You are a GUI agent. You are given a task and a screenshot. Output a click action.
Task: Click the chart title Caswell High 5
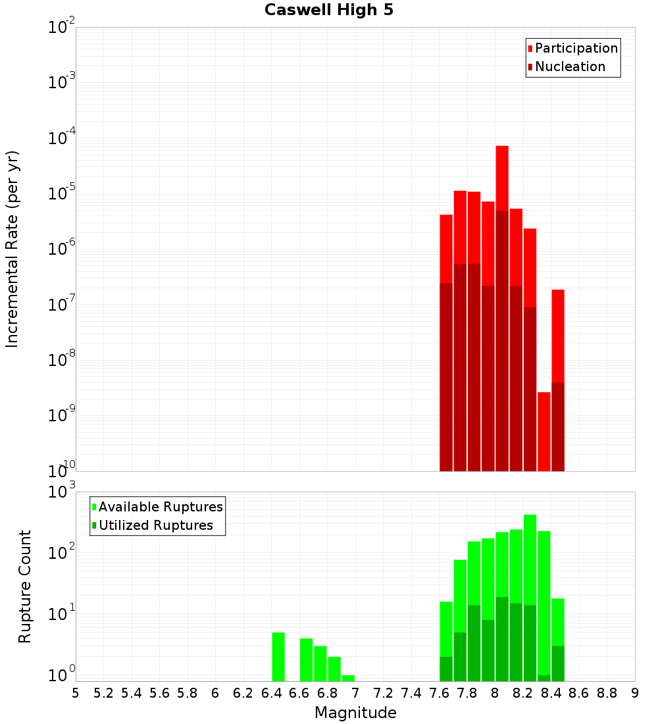point(329,11)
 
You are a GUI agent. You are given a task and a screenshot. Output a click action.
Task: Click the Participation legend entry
point(576,49)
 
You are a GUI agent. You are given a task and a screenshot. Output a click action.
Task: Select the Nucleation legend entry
point(569,67)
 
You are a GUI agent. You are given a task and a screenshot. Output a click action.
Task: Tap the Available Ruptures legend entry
point(160,507)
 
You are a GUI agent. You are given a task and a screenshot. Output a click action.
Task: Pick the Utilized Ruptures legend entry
point(155,526)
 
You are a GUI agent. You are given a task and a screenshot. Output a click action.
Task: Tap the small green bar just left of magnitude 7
point(348,678)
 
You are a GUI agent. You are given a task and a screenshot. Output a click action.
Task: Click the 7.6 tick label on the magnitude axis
point(440,693)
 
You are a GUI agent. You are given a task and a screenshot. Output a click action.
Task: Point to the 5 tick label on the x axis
point(76,693)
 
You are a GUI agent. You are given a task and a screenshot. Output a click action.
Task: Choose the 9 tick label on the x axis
point(635,693)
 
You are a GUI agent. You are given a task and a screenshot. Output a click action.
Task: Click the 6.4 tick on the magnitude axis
point(271,693)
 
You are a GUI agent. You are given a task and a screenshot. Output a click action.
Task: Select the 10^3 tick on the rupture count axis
point(62,492)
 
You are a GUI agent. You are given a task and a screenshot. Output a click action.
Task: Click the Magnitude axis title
point(355,713)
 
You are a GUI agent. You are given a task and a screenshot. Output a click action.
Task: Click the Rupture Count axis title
point(25,586)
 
